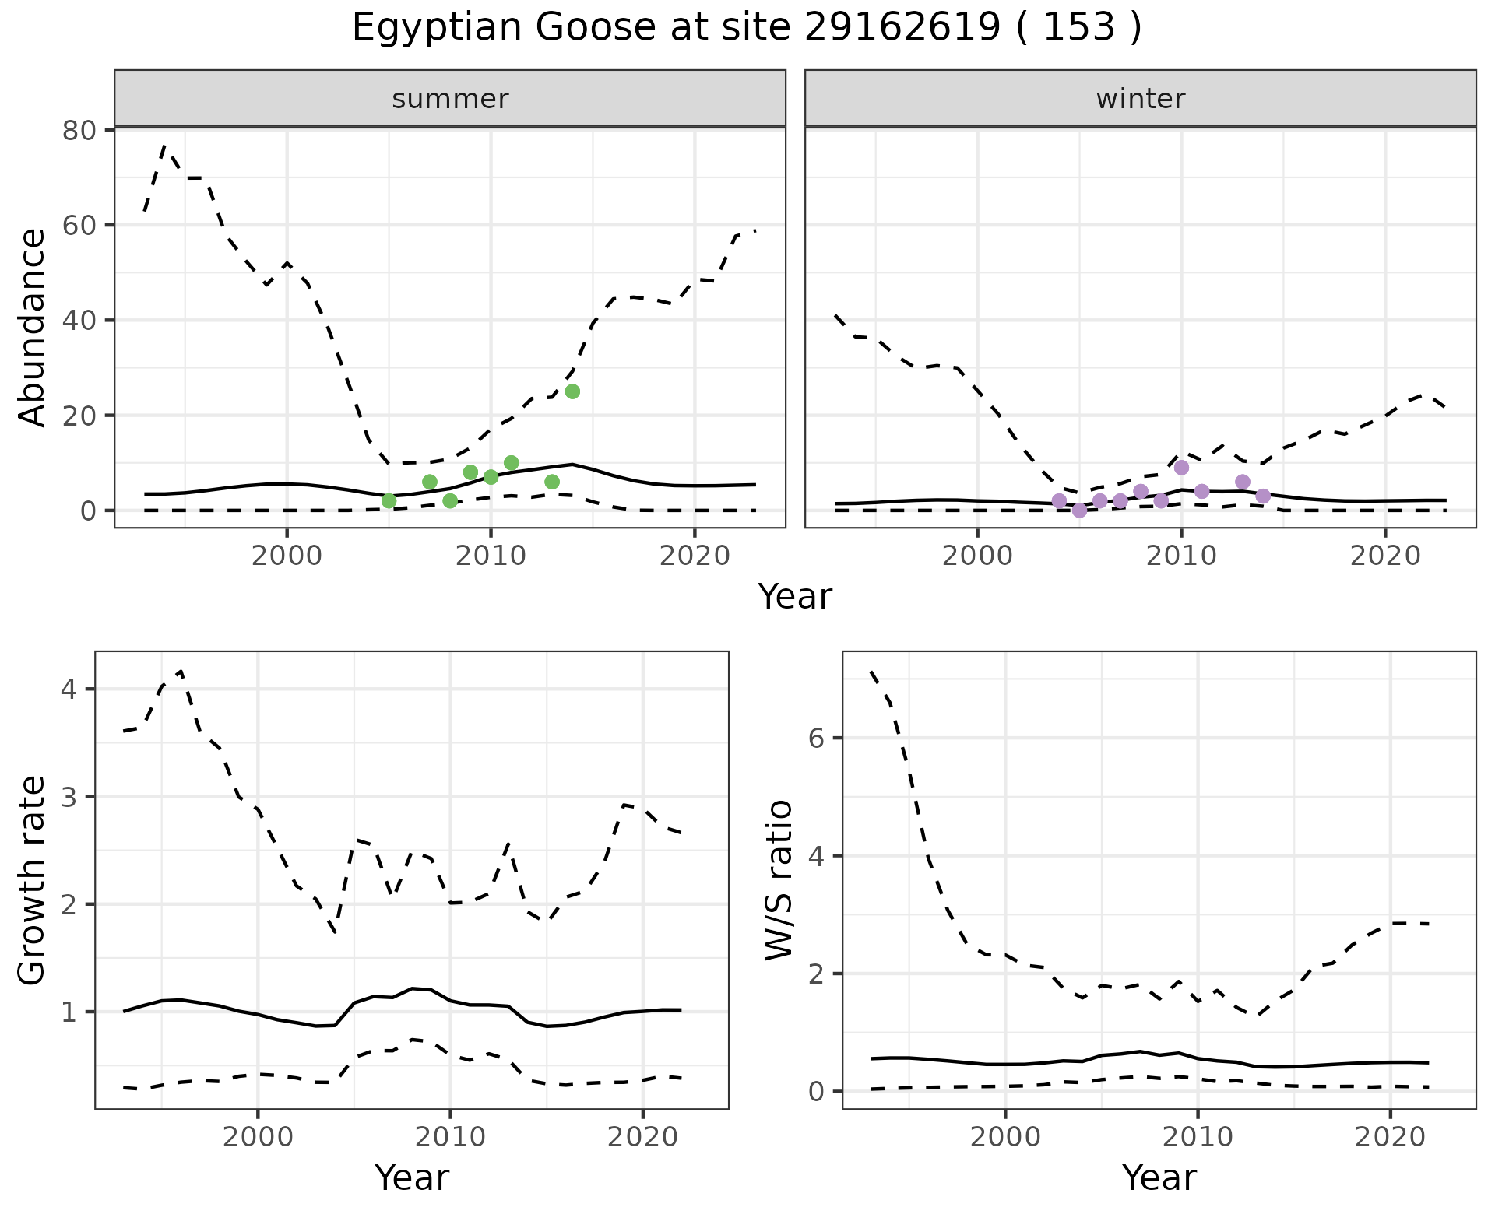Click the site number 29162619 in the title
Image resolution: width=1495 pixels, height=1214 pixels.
[x=902, y=28]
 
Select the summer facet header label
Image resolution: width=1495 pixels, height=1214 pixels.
[x=450, y=99]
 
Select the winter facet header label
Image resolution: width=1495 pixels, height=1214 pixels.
[x=1140, y=99]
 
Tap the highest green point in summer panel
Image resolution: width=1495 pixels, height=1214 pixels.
[x=572, y=391]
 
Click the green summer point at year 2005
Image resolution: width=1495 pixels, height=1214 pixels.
[x=389, y=500]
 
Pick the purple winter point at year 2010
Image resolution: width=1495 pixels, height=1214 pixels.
[x=1181, y=468]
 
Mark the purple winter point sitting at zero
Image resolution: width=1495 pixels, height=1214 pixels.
[x=1079, y=511]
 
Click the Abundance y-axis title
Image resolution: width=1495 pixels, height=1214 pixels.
[x=33, y=328]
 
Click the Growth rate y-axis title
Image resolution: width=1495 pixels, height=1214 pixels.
[x=33, y=880]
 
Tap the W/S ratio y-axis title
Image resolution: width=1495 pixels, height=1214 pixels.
[x=779, y=880]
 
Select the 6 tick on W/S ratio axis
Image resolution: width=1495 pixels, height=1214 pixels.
[x=817, y=738]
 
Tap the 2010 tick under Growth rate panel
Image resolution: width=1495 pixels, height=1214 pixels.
[x=450, y=1137]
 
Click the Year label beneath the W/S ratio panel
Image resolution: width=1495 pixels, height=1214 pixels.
[x=1159, y=1177]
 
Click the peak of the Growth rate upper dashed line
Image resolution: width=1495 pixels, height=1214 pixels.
[x=181, y=671]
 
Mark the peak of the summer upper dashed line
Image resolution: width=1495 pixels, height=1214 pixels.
[x=164, y=146]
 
